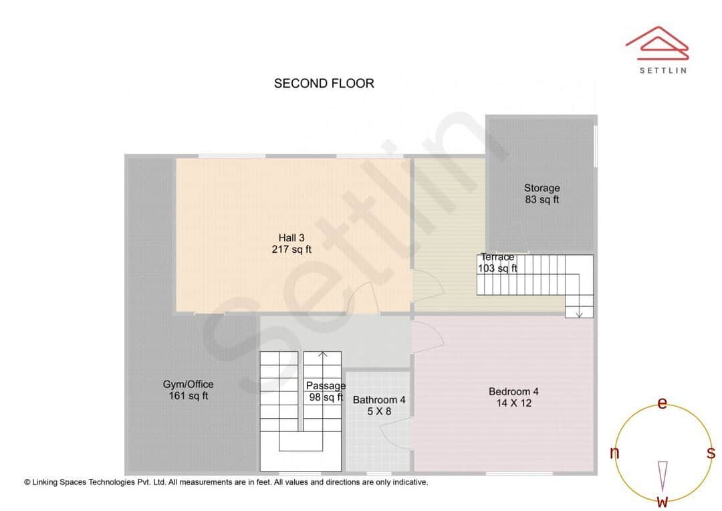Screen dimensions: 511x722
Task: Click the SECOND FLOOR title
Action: [x=324, y=84]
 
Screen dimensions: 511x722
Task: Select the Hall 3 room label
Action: [x=291, y=237]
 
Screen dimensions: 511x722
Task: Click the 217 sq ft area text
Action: [x=291, y=249]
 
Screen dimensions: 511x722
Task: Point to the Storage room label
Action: [x=541, y=188]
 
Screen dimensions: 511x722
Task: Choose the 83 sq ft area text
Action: [x=541, y=199]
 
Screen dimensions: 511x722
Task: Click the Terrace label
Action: [x=497, y=257]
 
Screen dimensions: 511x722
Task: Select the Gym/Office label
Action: [x=188, y=384]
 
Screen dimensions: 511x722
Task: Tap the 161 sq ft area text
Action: [x=188, y=396]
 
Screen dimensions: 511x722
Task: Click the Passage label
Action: [x=326, y=385]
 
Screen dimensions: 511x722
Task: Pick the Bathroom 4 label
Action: [x=379, y=400]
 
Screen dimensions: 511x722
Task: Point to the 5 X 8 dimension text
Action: [x=379, y=412]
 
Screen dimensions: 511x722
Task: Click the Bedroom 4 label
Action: [x=513, y=391]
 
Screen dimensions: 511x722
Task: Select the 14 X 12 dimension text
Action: [x=513, y=403]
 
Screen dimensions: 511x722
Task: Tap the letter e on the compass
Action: [x=663, y=403]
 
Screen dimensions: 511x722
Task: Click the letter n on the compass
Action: [x=614, y=453]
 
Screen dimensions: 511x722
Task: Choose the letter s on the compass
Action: [x=711, y=453]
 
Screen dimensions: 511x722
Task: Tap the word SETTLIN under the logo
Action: [x=663, y=70]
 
